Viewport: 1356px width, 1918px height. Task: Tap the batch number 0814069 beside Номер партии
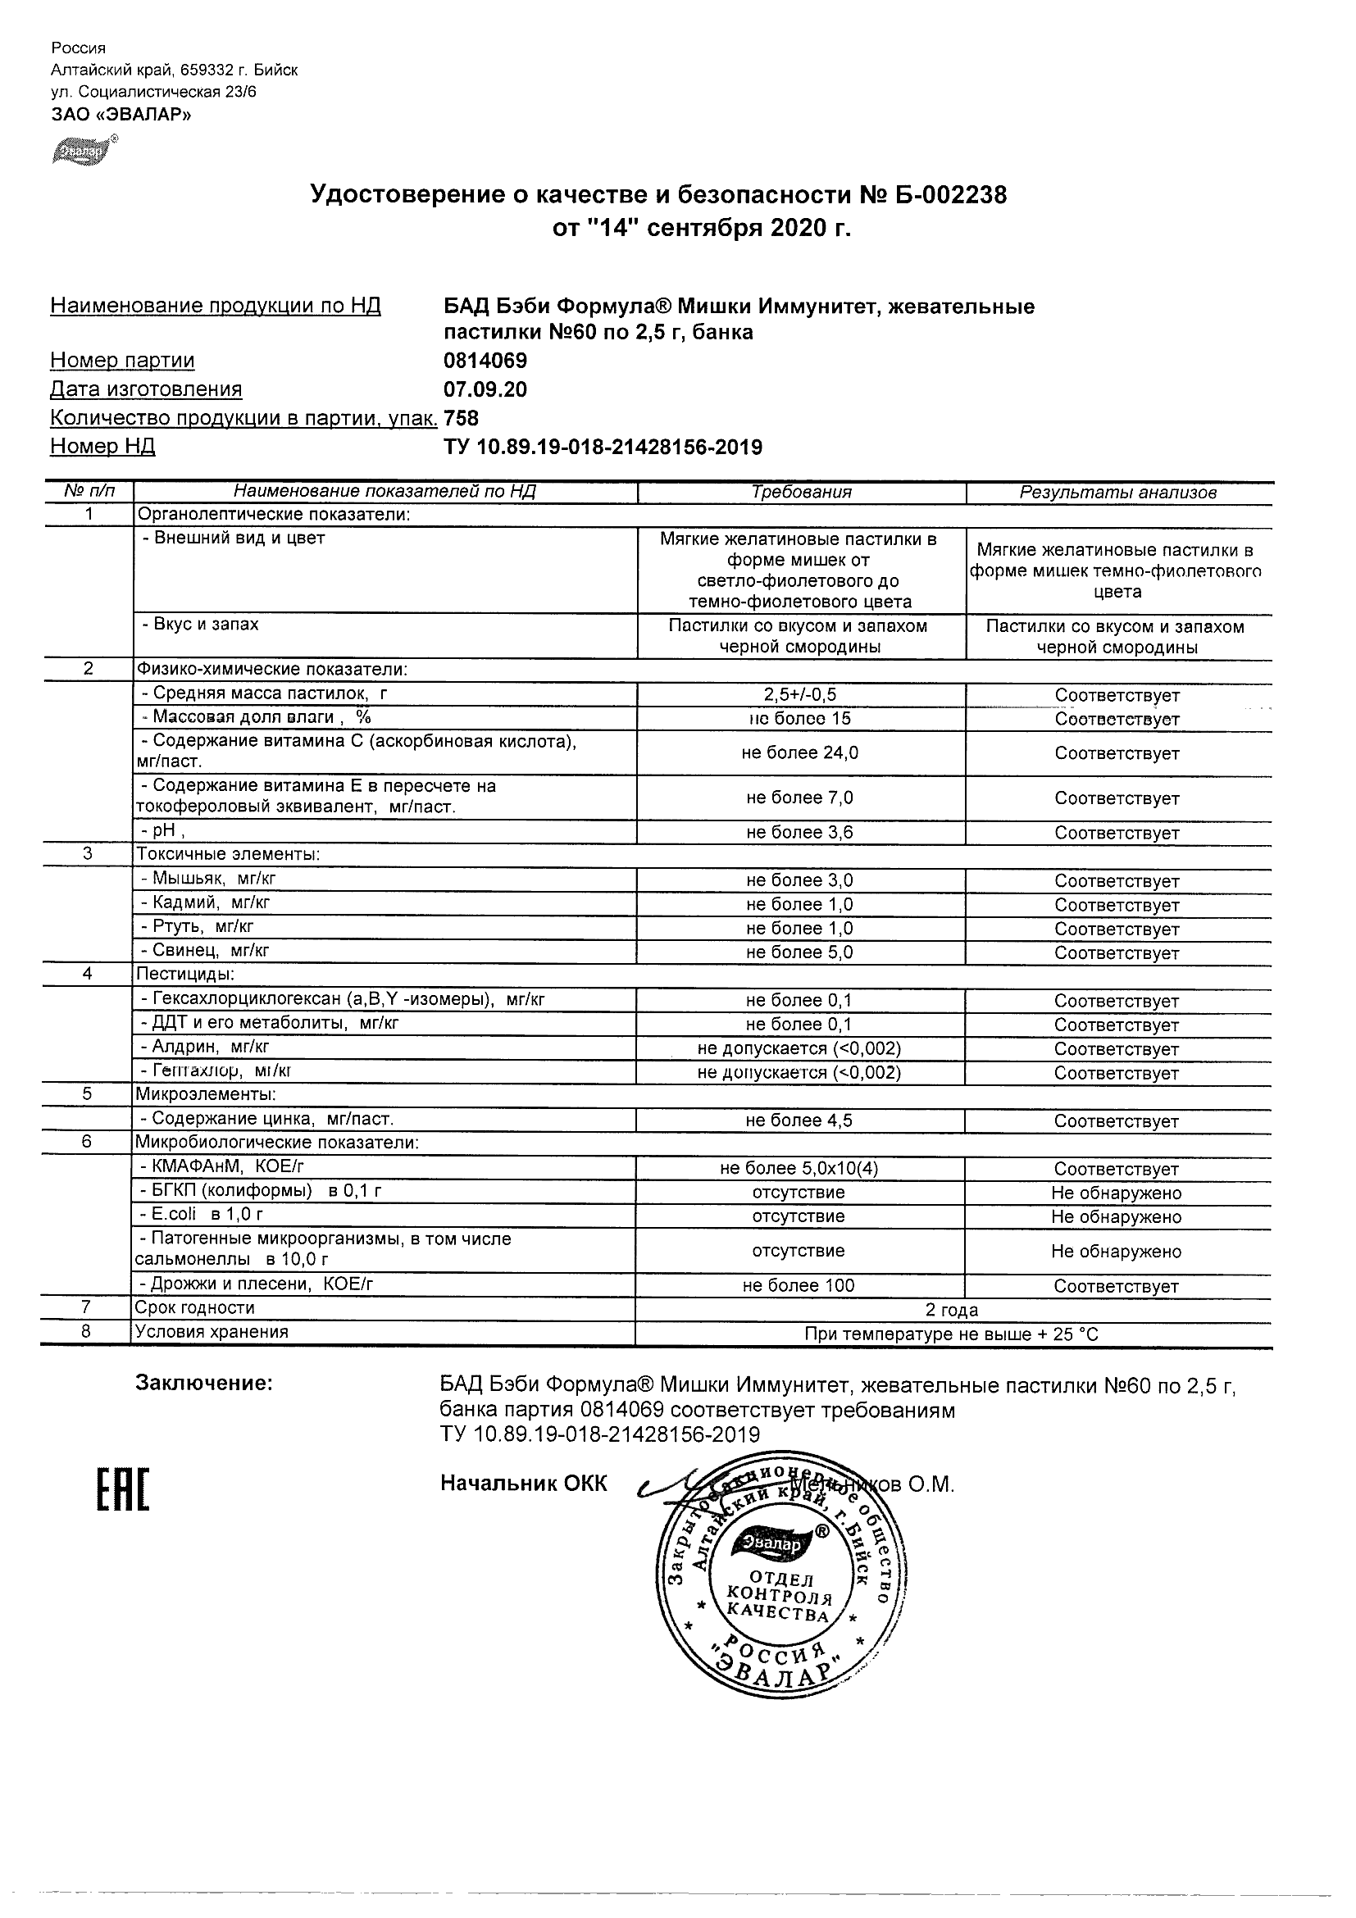(x=485, y=361)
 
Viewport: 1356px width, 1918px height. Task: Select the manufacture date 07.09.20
(x=485, y=389)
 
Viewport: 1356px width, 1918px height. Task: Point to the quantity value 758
(x=462, y=418)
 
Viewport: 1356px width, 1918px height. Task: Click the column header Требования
(x=800, y=492)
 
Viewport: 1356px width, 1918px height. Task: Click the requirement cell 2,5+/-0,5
(x=799, y=695)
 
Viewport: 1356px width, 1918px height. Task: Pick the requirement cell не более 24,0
(x=799, y=752)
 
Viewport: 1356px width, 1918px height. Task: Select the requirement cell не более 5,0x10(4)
(x=799, y=1169)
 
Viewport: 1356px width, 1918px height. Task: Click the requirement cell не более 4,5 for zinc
(x=799, y=1121)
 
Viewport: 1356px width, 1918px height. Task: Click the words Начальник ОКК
(x=523, y=1484)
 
